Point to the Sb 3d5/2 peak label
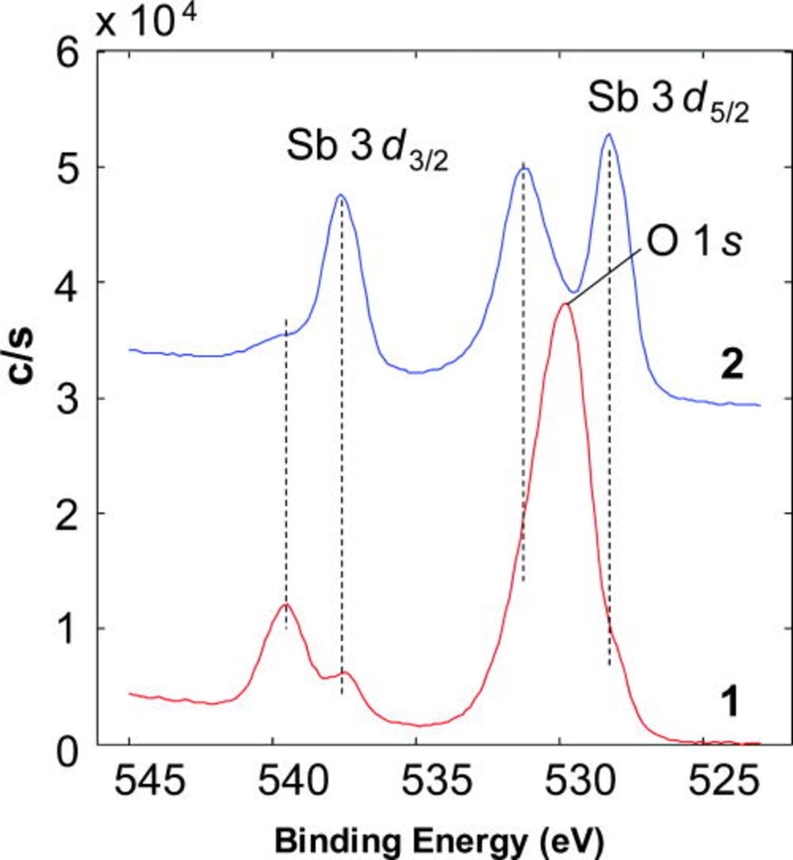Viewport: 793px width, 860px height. [667, 101]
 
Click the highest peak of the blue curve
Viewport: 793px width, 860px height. [608, 134]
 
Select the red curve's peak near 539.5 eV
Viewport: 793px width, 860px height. [286, 605]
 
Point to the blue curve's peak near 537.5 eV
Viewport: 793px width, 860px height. [341, 196]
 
